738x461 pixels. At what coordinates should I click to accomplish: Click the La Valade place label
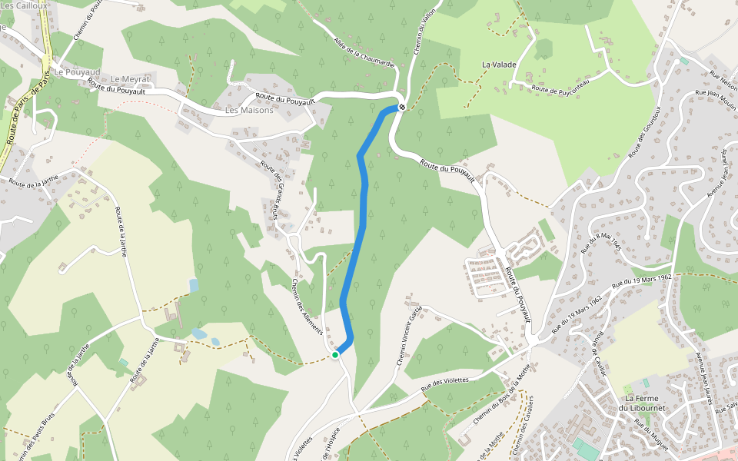coord(499,65)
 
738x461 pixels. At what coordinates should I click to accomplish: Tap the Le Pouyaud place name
coord(77,71)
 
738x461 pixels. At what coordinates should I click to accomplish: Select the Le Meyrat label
coord(128,79)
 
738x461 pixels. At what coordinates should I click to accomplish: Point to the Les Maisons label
coord(249,110)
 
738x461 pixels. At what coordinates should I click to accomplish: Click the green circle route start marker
coord(335,354)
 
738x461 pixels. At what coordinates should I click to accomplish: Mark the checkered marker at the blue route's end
coord(401,107)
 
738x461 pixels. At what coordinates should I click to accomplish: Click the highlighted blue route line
coord(361,223)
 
